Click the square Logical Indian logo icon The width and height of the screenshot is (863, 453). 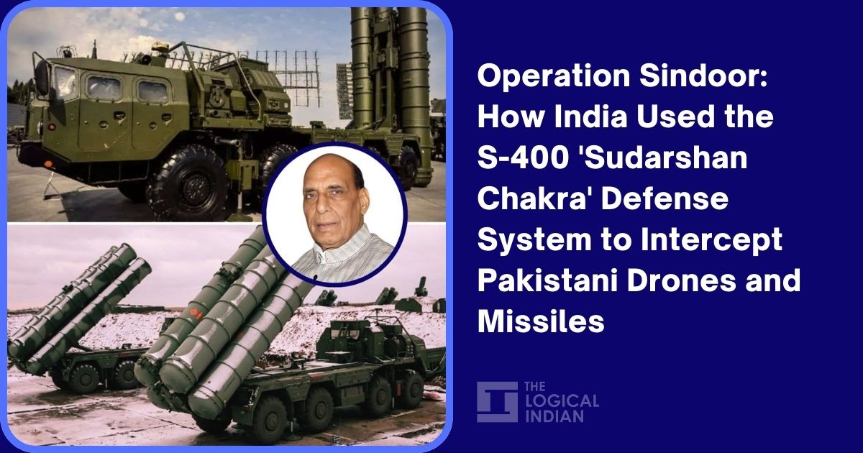tap(496, 401)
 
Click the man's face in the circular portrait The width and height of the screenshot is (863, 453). tap(335, 208)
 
